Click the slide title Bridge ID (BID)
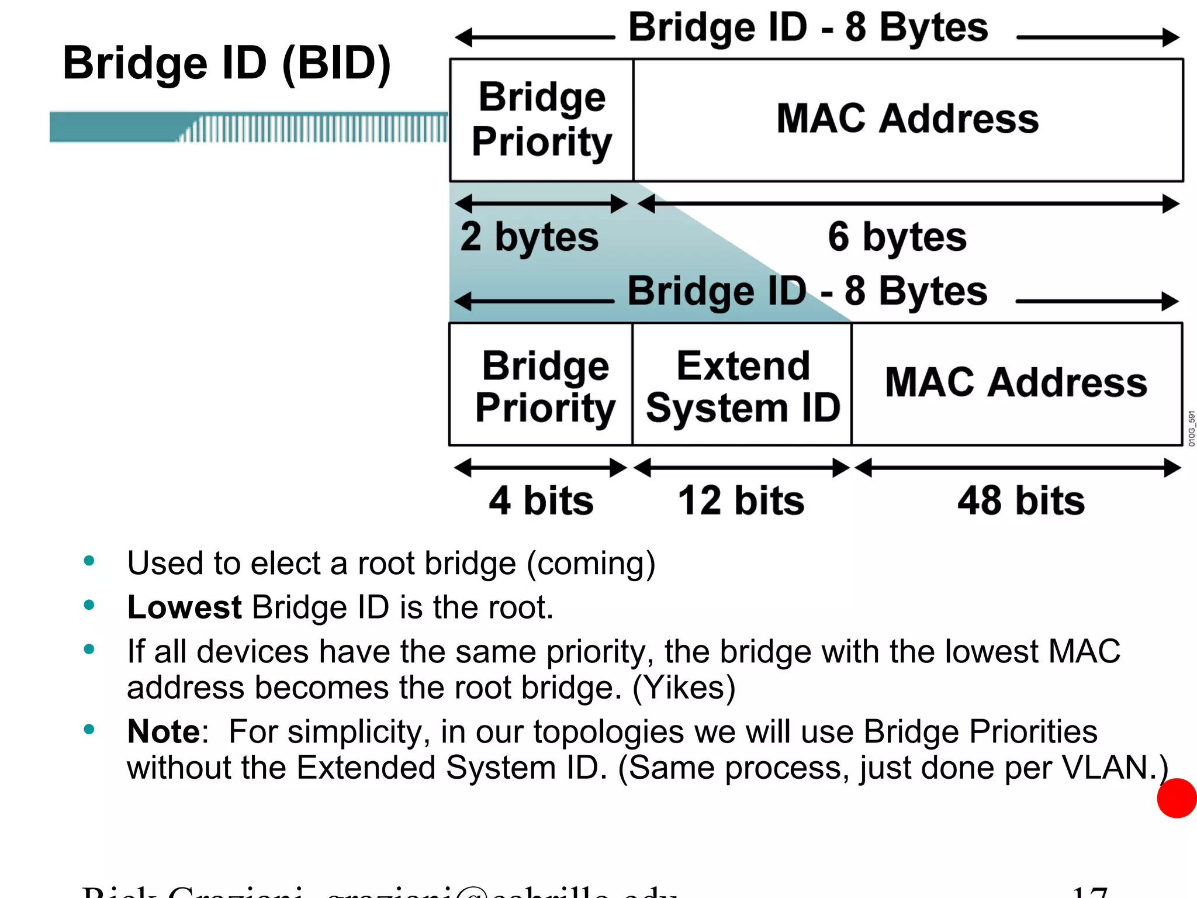click(227, 63)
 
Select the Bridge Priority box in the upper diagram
click(541, 120)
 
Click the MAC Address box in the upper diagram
click(908, 120)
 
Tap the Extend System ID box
click(742, 385)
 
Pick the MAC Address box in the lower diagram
click(1016, 384)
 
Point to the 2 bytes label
click(529, 237)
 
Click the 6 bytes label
click(897, 237)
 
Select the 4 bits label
click(541, 501)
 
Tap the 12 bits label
click(741, 501)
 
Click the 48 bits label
click(1020, 501)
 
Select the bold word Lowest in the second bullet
click(184, 607)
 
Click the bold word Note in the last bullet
click(164, 731)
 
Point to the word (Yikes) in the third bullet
click(684, 688)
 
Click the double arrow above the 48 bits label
click(1018, 468)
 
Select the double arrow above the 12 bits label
click(741, 468)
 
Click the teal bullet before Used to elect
click(89, 561)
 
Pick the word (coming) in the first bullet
click(591, 564)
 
